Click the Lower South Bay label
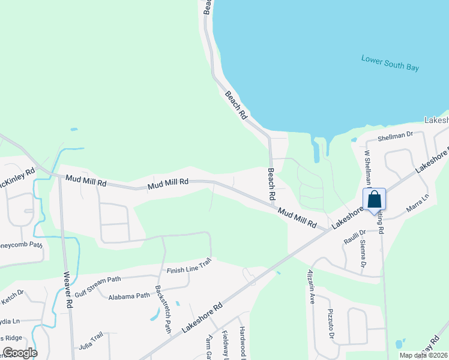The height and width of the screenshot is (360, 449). [x=390, y=63]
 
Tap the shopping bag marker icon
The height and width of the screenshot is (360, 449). [x=374, y=200]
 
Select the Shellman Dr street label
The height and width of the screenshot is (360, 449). [x=396, y=136]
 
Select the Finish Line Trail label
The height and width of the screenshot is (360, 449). [x=190, y=269]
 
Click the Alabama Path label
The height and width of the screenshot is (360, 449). [x=129, y=296]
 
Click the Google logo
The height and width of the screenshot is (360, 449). [x=20, y=352]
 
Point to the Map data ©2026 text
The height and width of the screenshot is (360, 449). [x=423, y=355]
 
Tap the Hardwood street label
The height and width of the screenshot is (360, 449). [x=243, y=341]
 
